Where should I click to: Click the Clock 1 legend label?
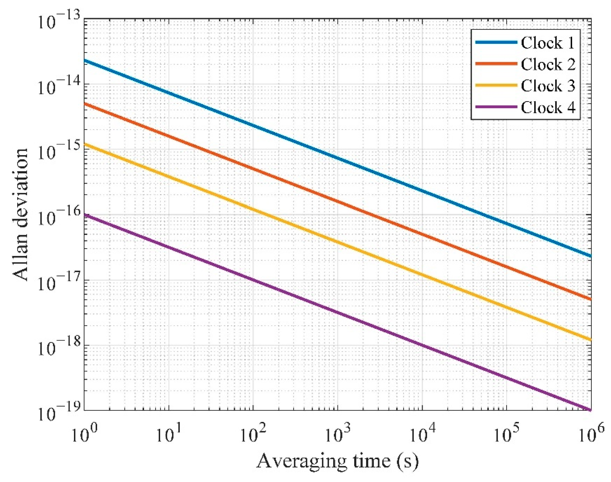tap(547, 43)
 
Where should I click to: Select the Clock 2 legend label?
tap(548, 65)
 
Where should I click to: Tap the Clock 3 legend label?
tap(548, 86)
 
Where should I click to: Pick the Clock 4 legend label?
tap(548, 108)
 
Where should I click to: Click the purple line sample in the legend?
tap(496, 107)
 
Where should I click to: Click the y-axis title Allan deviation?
tap(20, 214)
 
